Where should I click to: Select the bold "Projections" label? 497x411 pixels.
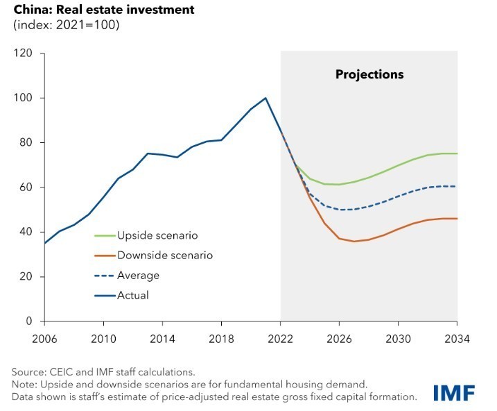(369, 74)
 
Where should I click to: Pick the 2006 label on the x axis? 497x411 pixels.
(44, 339)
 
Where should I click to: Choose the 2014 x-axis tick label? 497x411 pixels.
(162, 339)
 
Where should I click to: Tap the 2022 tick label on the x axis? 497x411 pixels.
(280, 339)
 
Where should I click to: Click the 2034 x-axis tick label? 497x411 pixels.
(457, 339)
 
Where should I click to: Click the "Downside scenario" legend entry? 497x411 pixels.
(160, 255)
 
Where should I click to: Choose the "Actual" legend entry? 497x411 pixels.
(132, 295)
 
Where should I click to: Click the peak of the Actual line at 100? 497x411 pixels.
(265, 98)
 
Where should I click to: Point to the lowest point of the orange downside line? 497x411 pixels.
(354, 241)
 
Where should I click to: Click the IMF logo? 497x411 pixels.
(454, 392)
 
